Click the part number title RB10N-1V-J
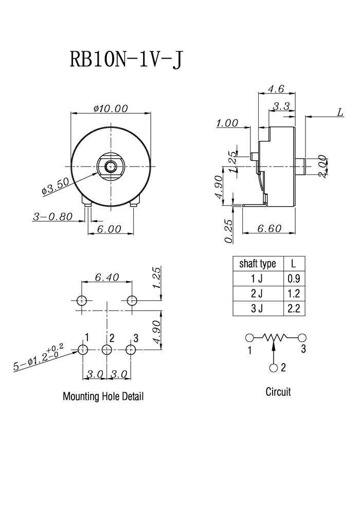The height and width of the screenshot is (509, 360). click(126, 60)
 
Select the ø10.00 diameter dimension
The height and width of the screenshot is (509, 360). click(111, 108)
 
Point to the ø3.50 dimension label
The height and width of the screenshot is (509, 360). click(56, 186)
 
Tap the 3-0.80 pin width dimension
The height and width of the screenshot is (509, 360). click(52, 216)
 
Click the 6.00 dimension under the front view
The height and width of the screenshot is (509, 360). click(109, 229)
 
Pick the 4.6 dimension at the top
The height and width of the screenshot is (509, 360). click(276, 88)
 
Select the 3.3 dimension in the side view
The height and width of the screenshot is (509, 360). click(281, 106)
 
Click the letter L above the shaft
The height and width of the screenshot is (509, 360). click(339, 113)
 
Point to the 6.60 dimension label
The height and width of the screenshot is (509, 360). click(269, 228)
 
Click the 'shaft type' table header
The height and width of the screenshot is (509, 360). click(258, 264)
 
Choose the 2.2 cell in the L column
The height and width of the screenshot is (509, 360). click(294, 308)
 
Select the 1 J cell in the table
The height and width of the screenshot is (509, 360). click(257, 279)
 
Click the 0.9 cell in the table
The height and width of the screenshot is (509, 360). click(294, 279)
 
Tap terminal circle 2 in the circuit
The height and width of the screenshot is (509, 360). click(274, 368)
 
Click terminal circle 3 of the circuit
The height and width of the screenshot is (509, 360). click(302, 338)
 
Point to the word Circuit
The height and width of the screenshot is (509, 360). click(278, 392)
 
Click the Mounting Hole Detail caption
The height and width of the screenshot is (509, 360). click(103, 396)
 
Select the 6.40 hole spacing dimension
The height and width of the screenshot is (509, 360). click(107, 277)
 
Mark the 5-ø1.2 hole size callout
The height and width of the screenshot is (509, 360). click(38, 357)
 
